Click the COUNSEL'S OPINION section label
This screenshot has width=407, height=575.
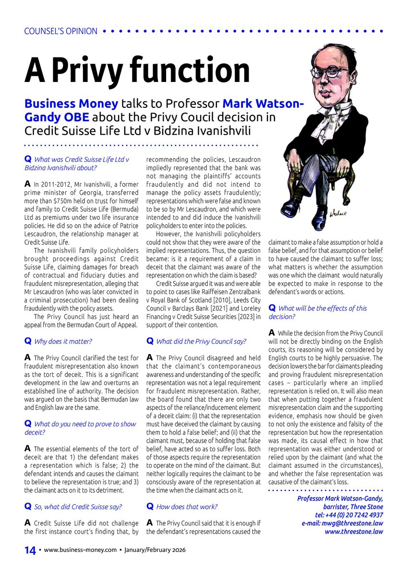point(60,32)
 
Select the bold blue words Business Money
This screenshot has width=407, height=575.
point(71,103)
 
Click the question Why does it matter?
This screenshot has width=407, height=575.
point(63,341)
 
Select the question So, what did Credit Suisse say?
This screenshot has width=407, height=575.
point(77,506)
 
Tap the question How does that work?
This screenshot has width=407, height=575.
point(187,506)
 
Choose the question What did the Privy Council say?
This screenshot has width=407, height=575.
point(201,341)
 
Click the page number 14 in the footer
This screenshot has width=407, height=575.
point(30,551)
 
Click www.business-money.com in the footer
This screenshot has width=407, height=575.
point(81,551)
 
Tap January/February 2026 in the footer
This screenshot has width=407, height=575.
point(155,551)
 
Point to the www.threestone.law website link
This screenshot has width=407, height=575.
point(354,531)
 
